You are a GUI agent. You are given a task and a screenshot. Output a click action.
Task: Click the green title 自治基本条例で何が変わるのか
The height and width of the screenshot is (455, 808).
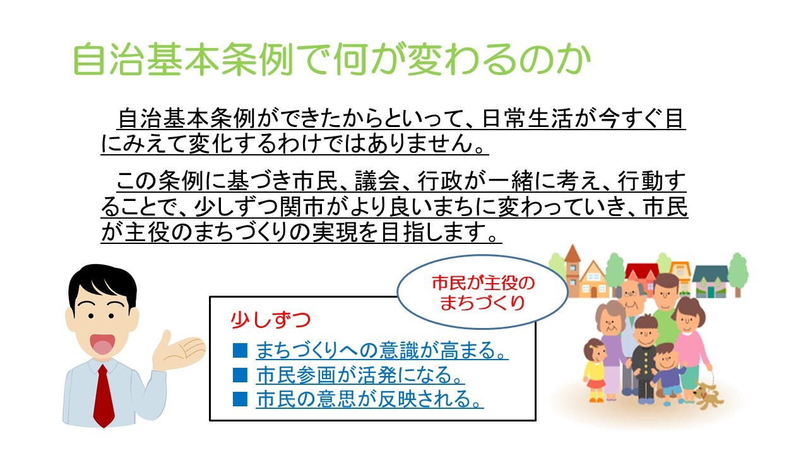point(332,59)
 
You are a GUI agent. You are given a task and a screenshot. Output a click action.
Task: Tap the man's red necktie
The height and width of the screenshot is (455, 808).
point(104,396)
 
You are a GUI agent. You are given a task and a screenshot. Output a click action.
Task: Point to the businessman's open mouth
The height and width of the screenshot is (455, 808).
point(104,343)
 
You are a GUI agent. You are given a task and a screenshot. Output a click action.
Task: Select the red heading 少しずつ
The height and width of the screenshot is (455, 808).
point(271,320)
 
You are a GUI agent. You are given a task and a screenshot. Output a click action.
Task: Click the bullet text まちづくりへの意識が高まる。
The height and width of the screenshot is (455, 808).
point(382,350)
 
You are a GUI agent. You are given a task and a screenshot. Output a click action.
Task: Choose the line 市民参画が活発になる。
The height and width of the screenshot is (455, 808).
point(360,375)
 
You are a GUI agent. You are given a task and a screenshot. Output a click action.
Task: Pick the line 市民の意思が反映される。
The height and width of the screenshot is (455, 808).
point(369,399)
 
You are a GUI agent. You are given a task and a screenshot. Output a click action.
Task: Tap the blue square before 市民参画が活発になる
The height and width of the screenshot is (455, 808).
point(240,375)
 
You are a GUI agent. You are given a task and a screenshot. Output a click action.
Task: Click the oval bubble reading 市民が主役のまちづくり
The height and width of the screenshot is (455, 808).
point(483,292)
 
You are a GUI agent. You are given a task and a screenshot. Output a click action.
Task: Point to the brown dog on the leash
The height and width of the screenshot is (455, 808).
point(708,394)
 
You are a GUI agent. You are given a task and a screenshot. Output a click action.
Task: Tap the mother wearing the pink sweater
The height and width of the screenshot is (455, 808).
point(690,347)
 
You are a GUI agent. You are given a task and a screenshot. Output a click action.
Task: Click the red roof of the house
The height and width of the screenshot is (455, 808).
point(642,269)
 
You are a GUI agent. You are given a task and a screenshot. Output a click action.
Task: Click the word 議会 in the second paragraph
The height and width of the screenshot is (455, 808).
point(377,181)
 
